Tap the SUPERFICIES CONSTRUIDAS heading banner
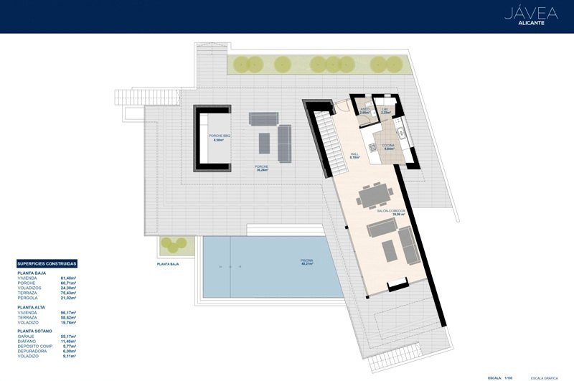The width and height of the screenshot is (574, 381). point(47,264)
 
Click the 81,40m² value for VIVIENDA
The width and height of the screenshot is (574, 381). point(69,278)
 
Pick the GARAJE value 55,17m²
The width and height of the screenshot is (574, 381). point(69,337)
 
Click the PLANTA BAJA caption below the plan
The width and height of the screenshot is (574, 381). point(168,264)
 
